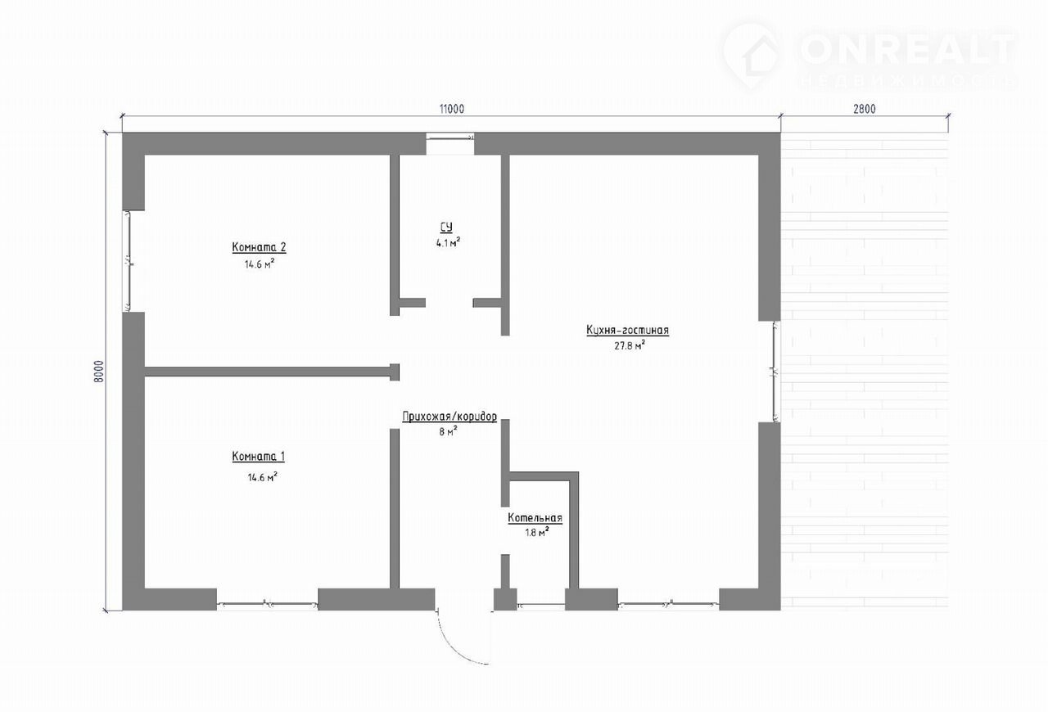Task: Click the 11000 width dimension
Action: (x=451, y=109)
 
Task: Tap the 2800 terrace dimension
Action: (x=864, y=109)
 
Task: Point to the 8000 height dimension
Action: (x=99, y=372)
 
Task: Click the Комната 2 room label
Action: (x=260, y=247)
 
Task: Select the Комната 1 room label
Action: (x=258, y=456)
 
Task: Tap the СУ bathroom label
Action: (x=446, y=228)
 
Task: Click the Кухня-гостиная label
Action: (x=627, y=331)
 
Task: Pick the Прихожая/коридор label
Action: (x=449, y=417)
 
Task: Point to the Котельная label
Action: (x=535, y=518)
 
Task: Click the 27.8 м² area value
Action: (x=630, y=345)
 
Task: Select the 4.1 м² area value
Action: (x=448, y=242)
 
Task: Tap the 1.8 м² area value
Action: (x=536, y=532)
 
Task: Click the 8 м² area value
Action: (x=448, y=431)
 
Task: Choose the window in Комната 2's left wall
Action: (x=126, y=261)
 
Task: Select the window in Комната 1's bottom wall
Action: (x=267, y=605)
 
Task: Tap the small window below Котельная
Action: (x=541, y=606)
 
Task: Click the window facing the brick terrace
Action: (x=775, y=372)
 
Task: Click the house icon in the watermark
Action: (x=754, y=57)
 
